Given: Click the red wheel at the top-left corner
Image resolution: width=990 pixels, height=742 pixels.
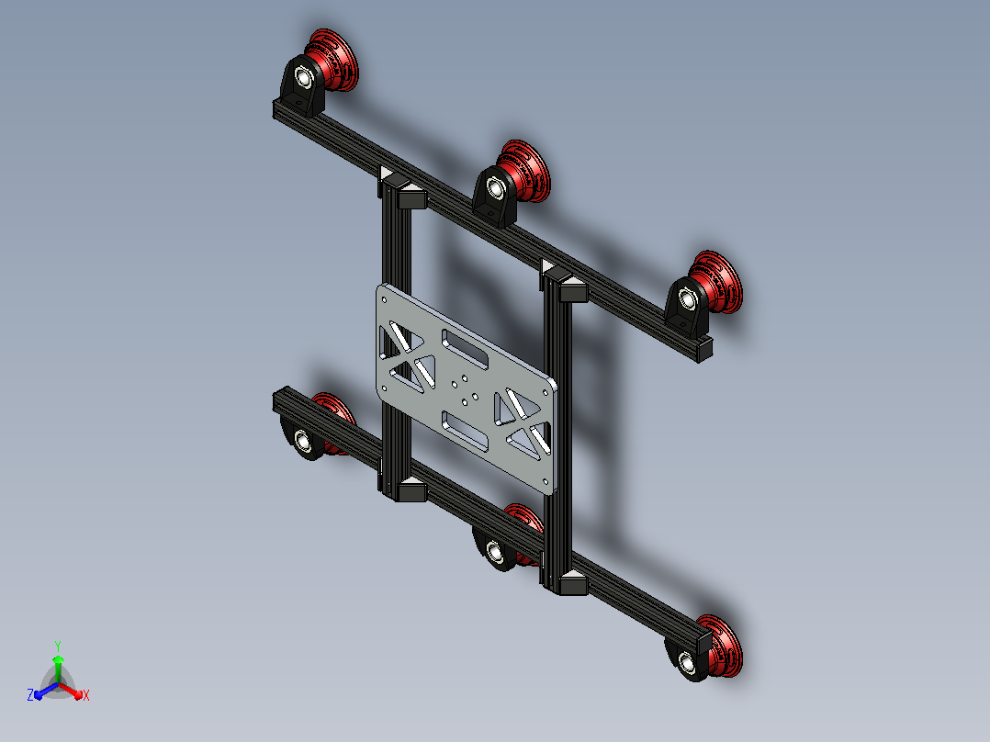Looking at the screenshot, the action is pos(333,59).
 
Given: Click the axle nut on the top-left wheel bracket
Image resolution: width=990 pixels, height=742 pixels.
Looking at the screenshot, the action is pos(304,78).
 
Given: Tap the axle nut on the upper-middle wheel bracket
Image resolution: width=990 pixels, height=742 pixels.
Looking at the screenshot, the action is pos(495,188).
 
